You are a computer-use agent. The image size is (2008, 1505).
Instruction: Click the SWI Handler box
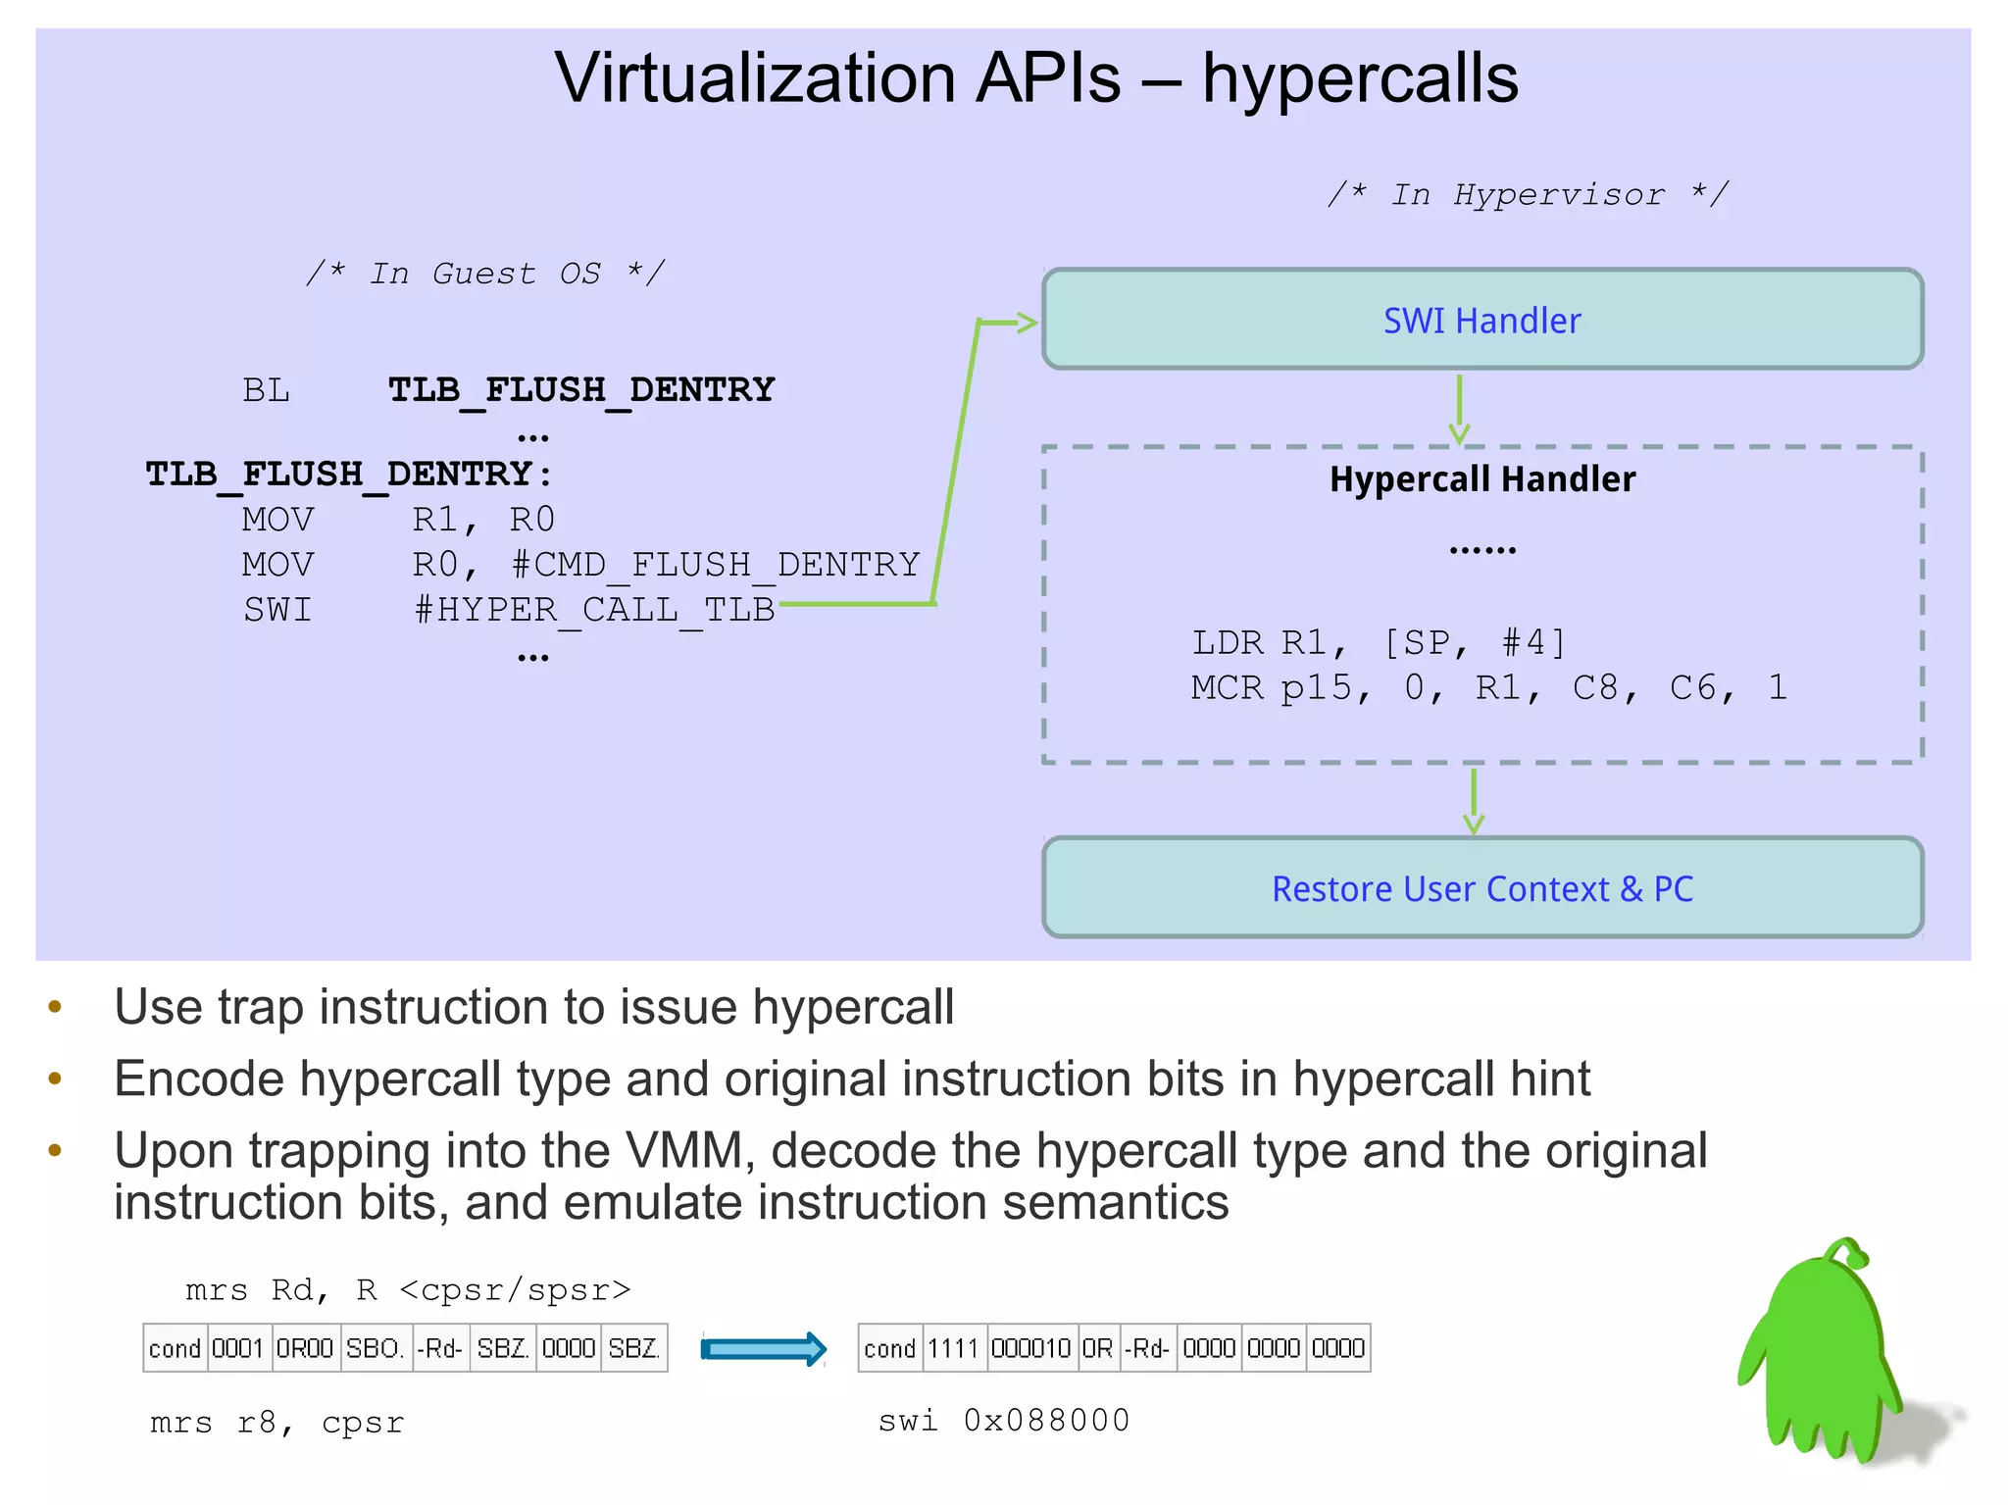[x=1481, y=320]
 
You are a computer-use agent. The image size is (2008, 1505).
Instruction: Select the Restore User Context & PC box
[x=1481, y=888]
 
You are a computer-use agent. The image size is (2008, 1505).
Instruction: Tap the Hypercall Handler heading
[x=1481, y=479]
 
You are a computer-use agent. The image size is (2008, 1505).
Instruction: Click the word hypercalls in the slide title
[x=1360, y=78]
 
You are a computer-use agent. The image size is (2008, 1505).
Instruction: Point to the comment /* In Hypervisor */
[x=1528, y=194]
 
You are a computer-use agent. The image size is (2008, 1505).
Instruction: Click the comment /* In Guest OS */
[x=485, y=273]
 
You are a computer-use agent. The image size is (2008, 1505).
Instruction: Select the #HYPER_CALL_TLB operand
[x=594, y=610]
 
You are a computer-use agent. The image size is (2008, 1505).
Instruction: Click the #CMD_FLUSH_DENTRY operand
[x=715, y=565]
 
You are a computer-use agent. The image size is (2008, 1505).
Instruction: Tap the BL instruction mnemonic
[x=266, y=390]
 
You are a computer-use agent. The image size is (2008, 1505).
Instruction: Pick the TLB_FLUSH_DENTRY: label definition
[x=349, y=475]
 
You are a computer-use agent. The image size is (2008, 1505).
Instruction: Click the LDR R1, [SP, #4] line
[x=1378, y=642]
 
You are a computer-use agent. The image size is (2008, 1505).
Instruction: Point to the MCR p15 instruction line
[x=1488, y=687]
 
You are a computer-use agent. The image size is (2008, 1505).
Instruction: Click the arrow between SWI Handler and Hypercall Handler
[x=1459, y=408]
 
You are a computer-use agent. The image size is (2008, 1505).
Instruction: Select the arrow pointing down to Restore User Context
[x=1473, y=800]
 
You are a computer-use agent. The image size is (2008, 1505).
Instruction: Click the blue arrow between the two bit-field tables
[x=764, y=1349]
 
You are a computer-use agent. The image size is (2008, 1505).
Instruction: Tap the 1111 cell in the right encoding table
[x=952, y=1349]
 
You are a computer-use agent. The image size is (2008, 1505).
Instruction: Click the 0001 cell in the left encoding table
[x=236, y=1349]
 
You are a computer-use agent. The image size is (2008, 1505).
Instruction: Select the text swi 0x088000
[x=1003, y=1420]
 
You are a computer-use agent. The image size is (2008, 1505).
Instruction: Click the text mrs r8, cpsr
[x=276, y=1423]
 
